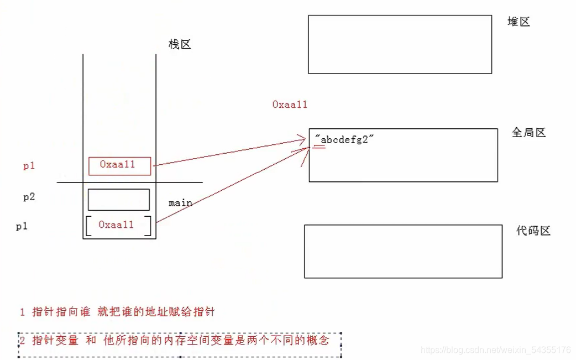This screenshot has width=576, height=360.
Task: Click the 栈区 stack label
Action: [180, 45]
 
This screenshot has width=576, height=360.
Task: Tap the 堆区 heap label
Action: [519, 22]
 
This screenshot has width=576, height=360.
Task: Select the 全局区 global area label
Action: [528, 133]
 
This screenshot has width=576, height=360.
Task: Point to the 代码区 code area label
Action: [533, 231]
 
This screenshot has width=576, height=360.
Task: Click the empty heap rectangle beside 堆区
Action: [400, 44]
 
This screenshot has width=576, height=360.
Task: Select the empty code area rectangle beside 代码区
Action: [403, 251]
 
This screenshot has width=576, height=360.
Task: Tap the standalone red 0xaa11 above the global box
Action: [290, 104]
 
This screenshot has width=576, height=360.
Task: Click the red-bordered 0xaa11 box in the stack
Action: [119, 165]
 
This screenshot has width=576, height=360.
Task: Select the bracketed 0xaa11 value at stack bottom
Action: [118, 225]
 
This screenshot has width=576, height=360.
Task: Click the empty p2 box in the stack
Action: [118, 200]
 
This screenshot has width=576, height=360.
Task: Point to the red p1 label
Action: [29, 165]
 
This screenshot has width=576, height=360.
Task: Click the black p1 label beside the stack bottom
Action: [22, 226]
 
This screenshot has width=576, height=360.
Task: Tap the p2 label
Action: [29, 197]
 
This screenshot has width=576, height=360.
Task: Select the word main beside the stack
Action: [180, 203]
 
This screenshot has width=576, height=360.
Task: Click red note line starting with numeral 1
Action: [117, 312]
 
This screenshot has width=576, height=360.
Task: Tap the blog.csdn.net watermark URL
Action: [495, 350]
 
